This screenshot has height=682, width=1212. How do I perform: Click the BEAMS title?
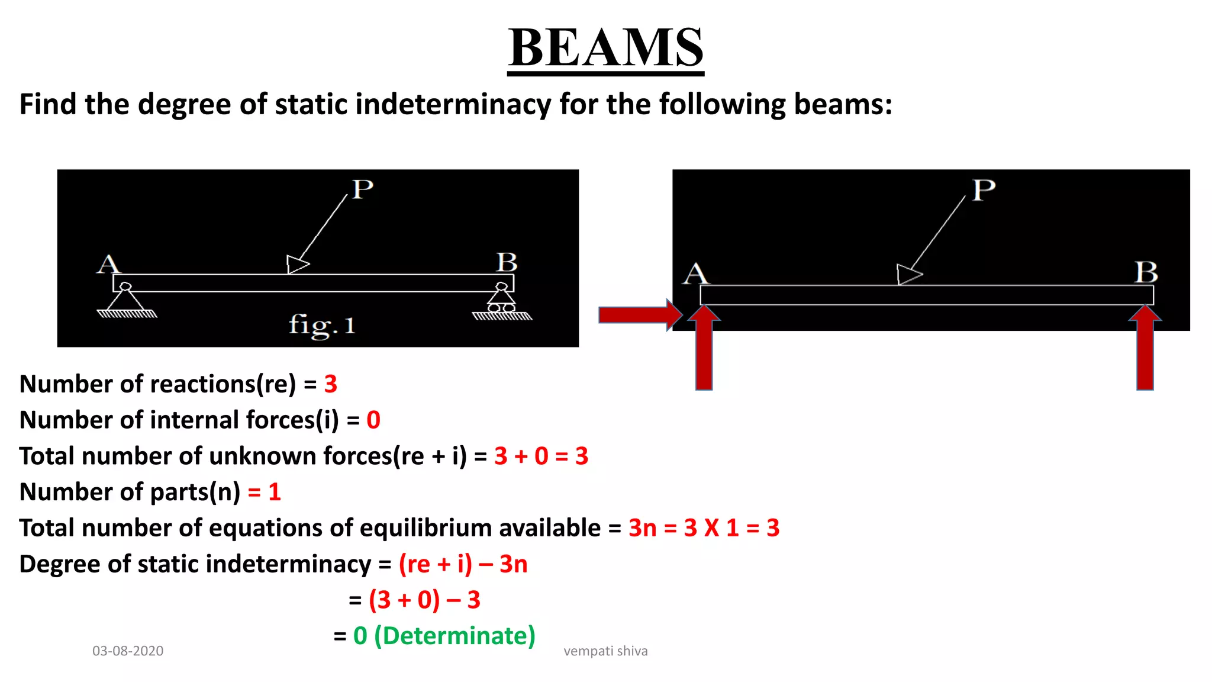[605, 48]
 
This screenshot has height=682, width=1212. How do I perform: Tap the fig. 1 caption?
[321, 326]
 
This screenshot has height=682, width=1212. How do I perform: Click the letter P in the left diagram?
[362, 189]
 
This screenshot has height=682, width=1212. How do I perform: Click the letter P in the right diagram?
[984, 191]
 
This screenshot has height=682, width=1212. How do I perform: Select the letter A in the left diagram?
[108, 264]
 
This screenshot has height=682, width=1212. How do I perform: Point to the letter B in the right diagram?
[1146, 273]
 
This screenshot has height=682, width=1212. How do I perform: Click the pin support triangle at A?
[125, 299]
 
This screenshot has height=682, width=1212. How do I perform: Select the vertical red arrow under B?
[1145, 349]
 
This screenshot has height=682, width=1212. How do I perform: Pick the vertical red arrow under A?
[704, 349]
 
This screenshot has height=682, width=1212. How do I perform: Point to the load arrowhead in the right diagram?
[907, 274]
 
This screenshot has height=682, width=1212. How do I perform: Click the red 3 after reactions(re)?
[331, 384]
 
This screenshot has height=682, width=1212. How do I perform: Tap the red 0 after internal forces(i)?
[373, 420]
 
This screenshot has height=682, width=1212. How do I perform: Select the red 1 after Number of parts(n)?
[274, 492]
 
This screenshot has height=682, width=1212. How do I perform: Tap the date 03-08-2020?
[128, 651]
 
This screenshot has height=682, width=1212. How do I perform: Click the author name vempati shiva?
[605, 651]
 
